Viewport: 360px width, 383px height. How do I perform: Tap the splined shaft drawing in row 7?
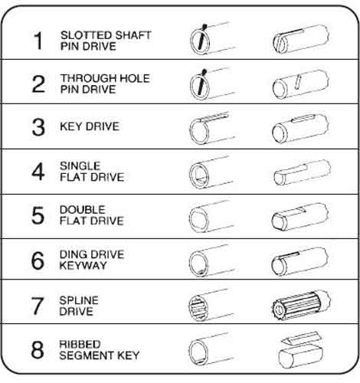pos(299,305)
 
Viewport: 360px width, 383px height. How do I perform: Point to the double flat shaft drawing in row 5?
pos(299,216)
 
